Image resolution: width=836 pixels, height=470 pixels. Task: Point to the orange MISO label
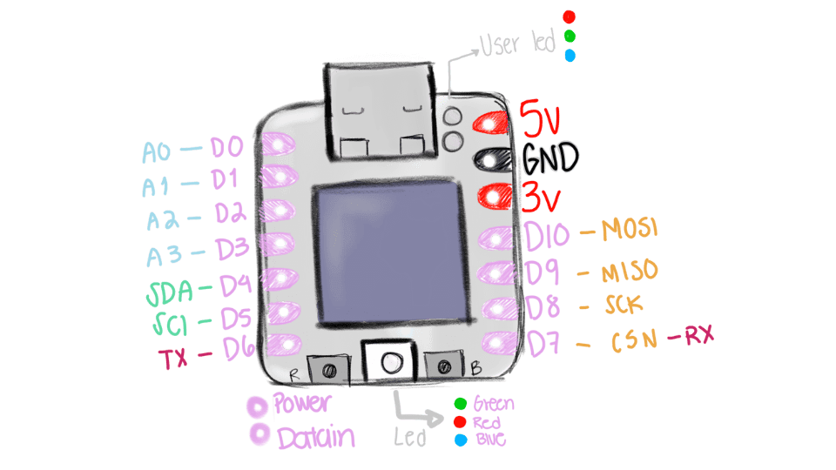(x=629, y=272)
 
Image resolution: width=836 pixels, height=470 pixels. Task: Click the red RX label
(x=698, y=336)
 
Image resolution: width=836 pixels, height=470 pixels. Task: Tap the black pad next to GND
(x=491, y=159)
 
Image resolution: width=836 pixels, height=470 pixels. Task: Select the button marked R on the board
(x=328, y=369)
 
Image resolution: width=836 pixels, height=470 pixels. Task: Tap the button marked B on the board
(x=445, y=367)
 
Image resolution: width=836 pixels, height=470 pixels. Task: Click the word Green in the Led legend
(x=493, y=404)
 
